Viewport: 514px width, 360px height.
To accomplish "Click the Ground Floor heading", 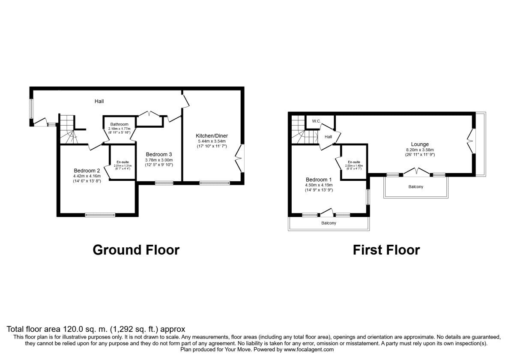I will point(136,249).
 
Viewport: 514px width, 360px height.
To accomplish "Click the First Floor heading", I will point(386,249).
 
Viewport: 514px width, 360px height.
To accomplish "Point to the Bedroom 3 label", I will point(159,154).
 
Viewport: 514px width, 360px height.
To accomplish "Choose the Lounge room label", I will point(420,144).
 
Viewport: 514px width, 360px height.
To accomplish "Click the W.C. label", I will point(317,121).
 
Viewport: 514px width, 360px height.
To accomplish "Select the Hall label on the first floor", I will point(328,137).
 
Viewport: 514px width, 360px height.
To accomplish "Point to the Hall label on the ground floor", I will point(99,101).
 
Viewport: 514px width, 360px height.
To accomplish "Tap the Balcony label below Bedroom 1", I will point(329,223).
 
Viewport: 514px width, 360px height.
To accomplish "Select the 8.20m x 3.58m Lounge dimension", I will point(420,150).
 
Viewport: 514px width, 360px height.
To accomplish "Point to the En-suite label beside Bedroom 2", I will point(123,162).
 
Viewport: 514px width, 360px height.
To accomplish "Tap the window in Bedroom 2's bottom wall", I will point(100,215).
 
